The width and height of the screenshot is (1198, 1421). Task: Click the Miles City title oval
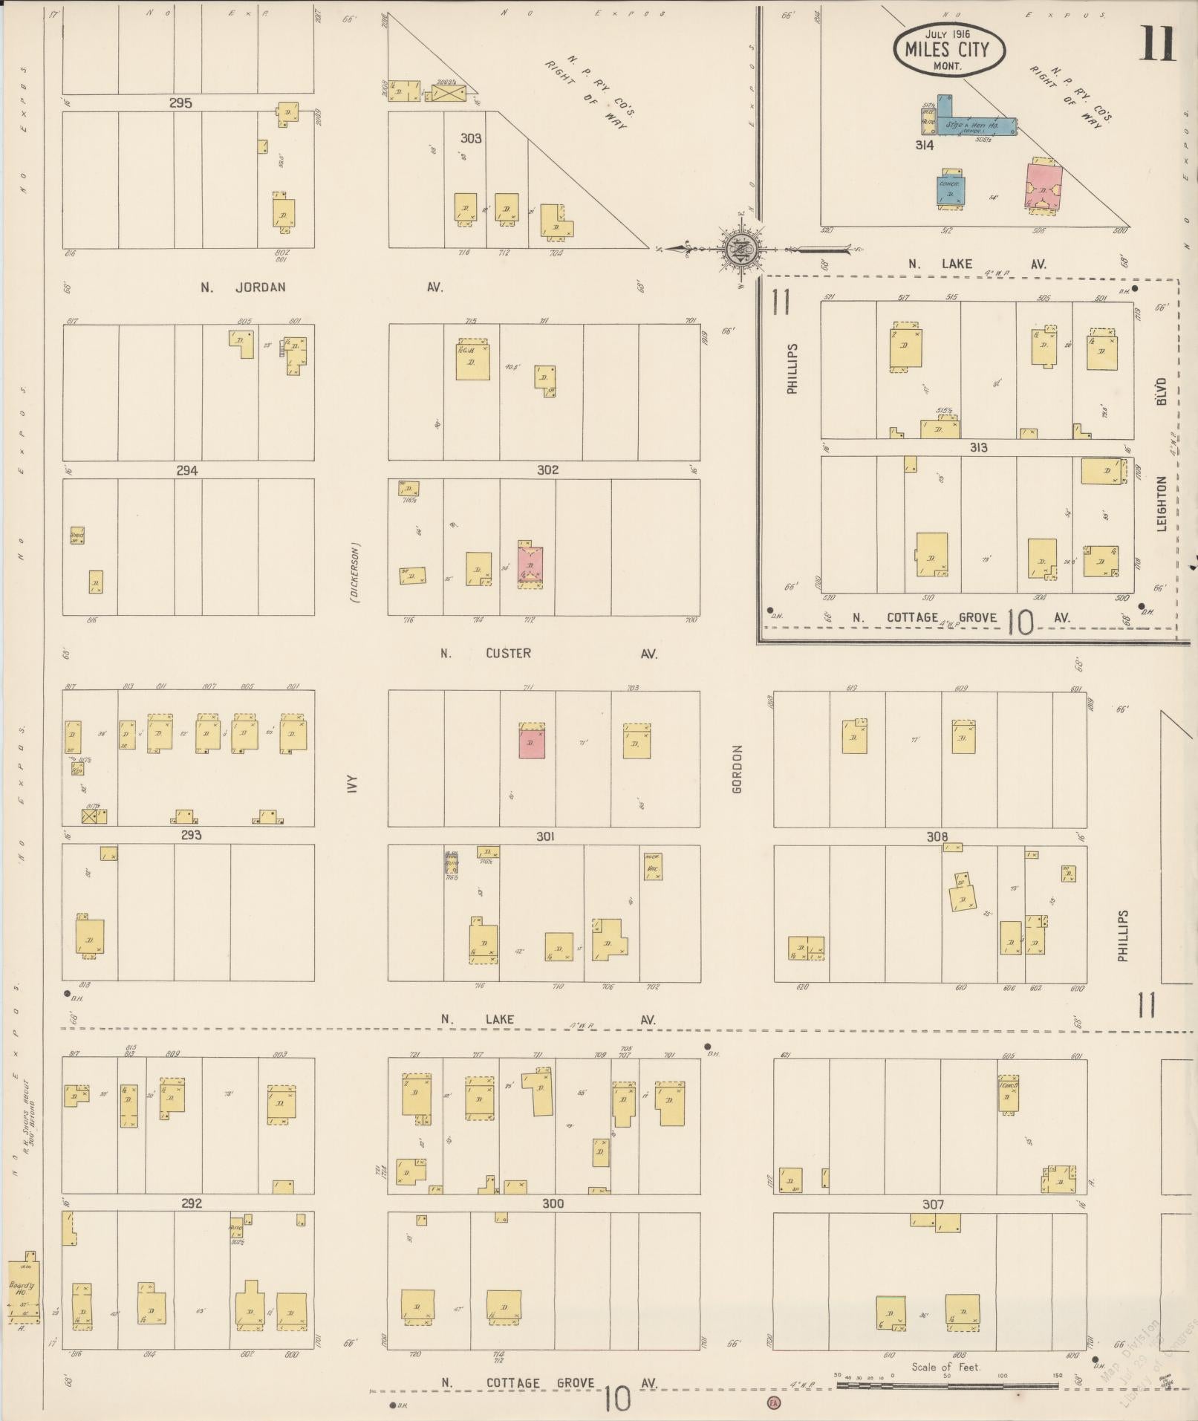pos(948,50)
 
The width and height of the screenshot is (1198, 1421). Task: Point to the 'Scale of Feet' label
pos(945,1366)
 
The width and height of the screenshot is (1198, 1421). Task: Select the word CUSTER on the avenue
pos(508,653)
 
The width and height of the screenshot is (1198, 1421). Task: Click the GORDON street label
pos(738,769)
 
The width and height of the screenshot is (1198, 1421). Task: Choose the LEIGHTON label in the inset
pos(1162,504)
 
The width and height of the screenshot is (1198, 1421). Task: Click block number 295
pos(180,103)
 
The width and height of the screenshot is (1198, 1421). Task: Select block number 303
pos(471,138)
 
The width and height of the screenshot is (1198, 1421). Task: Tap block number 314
pos(924,146)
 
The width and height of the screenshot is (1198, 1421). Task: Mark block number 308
pos(937,836)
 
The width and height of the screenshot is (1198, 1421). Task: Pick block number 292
pos(192,1203)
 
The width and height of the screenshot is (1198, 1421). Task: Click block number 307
pos(933,1204)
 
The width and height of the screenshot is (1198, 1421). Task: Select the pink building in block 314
pos(1044,186)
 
